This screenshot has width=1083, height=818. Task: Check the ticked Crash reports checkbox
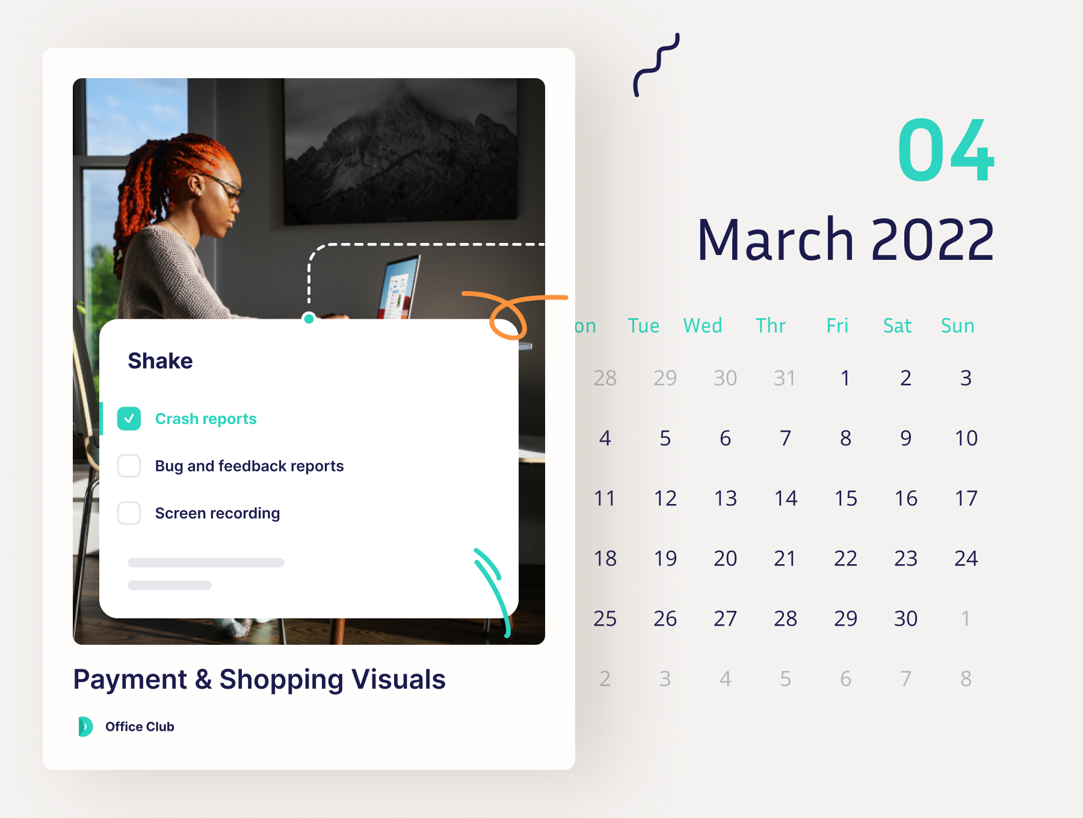[129, 419]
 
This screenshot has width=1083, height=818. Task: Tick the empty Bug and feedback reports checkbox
[129, 466]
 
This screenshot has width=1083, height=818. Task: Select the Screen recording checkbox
[129, 513]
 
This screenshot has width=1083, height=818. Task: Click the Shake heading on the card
[160, 361]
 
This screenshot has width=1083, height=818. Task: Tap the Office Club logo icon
[85, 727]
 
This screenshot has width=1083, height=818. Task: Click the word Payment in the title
[130, 680]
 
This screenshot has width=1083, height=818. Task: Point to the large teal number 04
[945, 150]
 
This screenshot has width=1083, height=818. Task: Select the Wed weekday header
[703, 325]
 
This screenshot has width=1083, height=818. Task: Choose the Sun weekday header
[957, 325]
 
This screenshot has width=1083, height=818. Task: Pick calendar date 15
[845, 498]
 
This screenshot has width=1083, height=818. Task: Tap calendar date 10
[966, 438]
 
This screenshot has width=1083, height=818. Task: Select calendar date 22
[845, 558]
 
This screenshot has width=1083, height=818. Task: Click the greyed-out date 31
[785, 378]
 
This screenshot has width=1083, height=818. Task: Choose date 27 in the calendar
[725, 618]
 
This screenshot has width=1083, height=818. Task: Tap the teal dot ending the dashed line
[309, 319]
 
